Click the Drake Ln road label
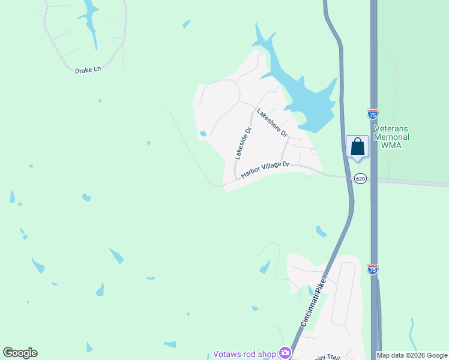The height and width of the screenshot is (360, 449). point(88,70)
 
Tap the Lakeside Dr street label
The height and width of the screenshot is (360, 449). point(243,142)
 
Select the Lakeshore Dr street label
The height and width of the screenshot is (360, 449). point(273,122)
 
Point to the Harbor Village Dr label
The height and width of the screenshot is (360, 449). point(265,169)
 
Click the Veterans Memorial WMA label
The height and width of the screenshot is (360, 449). point(392,137)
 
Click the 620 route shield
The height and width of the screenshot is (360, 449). point(360,179)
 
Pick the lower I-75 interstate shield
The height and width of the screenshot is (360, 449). point(373,270)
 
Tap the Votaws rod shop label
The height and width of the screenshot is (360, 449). point(244,354)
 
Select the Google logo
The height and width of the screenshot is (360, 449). point(20,353)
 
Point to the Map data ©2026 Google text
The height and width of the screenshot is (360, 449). point(412,355)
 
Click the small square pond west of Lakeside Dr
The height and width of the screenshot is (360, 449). point(203,133)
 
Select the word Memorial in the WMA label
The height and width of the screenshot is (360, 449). point(392,137)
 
